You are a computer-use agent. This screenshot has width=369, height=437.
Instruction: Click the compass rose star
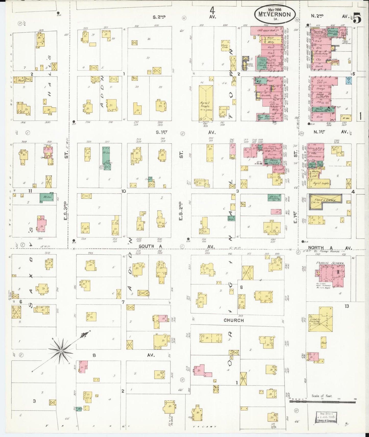point(61,351)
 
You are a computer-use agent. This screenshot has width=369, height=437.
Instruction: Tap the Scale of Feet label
point(322,396)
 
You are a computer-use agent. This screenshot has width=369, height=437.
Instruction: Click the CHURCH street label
point(233,320)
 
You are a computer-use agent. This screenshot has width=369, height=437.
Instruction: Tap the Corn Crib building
point(225,45)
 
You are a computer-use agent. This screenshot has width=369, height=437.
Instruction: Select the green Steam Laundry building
point(274,162)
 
